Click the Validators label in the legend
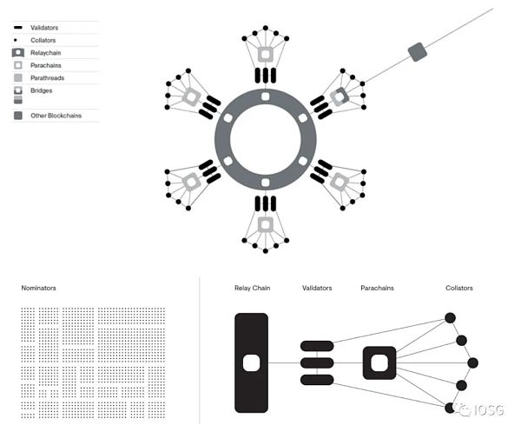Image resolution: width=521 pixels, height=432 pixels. [x=44, y=28]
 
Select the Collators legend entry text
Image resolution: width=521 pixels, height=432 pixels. [x=43, y=40]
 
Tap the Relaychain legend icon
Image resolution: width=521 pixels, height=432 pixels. [x=18, y=52]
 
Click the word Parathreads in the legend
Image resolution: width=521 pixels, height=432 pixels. [x=47, y=78]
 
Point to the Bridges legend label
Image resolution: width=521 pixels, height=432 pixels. [x=41, y=90]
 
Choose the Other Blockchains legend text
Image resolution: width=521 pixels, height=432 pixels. [x=56, y=116]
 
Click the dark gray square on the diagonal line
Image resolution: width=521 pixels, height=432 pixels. [x=418, y=52]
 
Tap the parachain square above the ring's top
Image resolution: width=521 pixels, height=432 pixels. [x=266, y=54]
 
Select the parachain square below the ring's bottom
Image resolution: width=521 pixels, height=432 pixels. [x=266, y=225]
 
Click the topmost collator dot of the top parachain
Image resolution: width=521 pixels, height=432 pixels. [x=266, y=28]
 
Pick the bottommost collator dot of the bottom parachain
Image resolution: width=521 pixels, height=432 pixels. [x=266, y=251]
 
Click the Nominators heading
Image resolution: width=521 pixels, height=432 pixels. [x=38, y=288]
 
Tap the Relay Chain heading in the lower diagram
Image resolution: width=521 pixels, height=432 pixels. [x=252, y=288]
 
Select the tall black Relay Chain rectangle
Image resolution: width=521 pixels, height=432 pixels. [x=251, y=362]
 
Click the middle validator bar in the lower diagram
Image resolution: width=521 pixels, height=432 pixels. [x=317, y=362]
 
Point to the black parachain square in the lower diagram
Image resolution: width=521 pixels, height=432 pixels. [x=379, y=362]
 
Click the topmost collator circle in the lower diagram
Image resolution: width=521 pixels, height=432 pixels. [x=450, y=318]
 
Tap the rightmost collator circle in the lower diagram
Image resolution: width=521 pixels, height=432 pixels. [x=473, y=362]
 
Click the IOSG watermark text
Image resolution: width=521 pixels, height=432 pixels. [x=489, y=410]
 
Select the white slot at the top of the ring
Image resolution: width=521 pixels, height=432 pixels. [x=266, y=96]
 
